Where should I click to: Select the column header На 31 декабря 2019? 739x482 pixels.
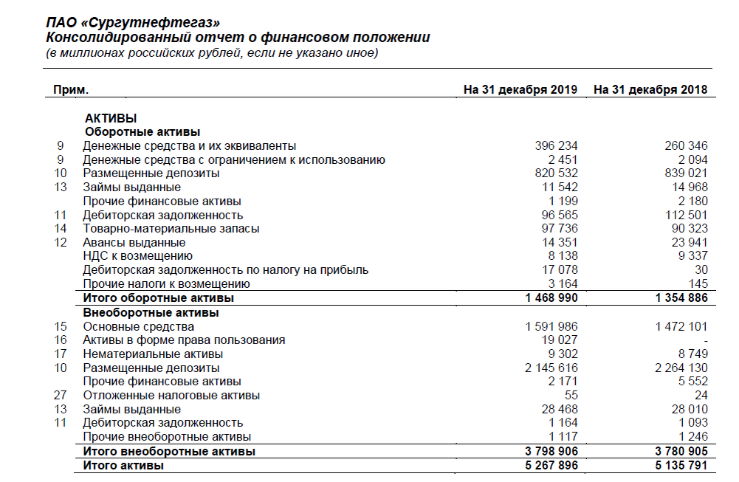(x=520, y=90)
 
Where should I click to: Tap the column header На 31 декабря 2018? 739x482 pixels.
(x=650, y=90)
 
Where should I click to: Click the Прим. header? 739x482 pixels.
(x=71, y=90)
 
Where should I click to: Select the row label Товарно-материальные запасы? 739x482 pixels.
(x=171, y=229)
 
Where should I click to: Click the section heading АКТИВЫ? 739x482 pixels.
(x=111, y=118)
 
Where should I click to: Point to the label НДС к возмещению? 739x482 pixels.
(x=138, y=256)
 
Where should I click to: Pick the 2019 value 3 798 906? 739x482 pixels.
(x=550, y=451)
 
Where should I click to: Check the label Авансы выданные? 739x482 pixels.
(x=134, y=243)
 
